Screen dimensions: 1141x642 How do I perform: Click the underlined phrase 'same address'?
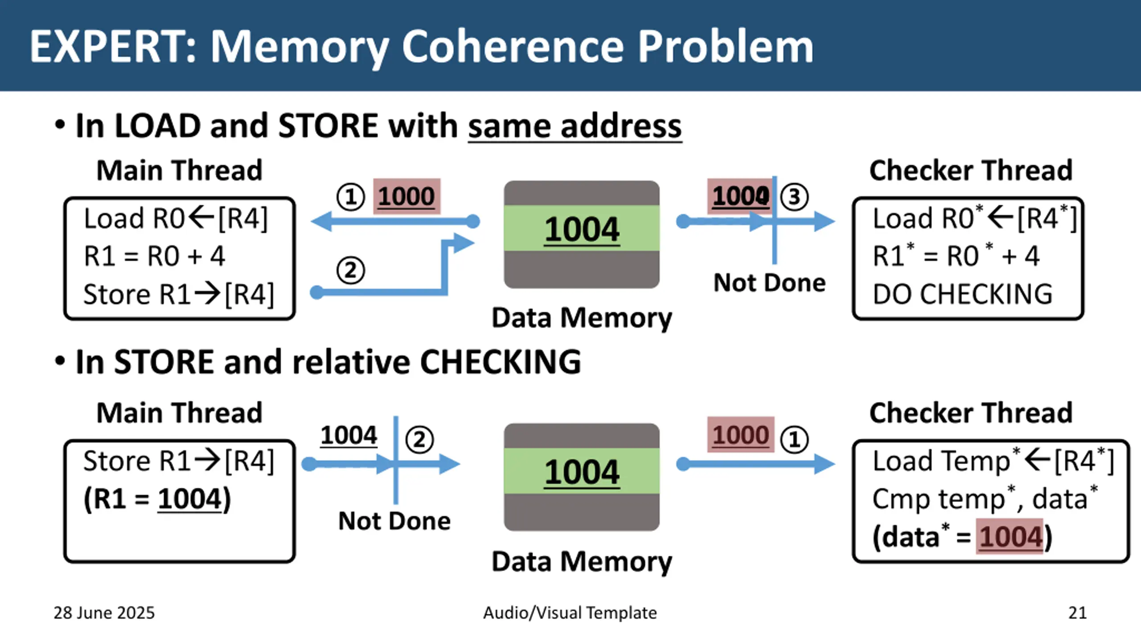pos(575,126)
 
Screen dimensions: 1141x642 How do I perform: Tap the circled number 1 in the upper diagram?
pos(350,197)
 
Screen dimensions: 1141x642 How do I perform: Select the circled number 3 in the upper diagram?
pos(794,197)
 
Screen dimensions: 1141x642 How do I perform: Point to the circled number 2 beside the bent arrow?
pos(350,271)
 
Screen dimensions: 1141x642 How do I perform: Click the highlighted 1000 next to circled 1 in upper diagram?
pos(406,197)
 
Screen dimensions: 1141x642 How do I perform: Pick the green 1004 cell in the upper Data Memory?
pos(582,228)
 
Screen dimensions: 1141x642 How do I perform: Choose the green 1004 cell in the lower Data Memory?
pos(582,471)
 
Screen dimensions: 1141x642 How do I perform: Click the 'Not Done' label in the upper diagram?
pos(770,283)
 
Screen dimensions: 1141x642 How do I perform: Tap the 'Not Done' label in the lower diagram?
pos(394,521)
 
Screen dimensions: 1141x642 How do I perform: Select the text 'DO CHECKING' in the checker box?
pos(963,294)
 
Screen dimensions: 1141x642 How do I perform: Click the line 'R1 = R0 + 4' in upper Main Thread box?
pos(155,256)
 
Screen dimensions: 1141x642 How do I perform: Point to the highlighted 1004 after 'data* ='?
pos(1010,536)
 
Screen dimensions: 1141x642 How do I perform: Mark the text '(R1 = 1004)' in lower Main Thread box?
pos(157,499)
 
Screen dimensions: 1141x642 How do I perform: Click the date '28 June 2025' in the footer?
pos(104,613)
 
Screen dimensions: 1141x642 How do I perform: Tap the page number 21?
pos(1077,613)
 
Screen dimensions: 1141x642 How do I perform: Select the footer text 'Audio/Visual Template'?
pos(570,613)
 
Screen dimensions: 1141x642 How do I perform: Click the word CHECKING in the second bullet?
pos(501,362)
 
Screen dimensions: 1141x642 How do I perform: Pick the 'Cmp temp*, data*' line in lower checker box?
pos(985,498)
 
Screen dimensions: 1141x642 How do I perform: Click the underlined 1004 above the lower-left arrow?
pos(349,435)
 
